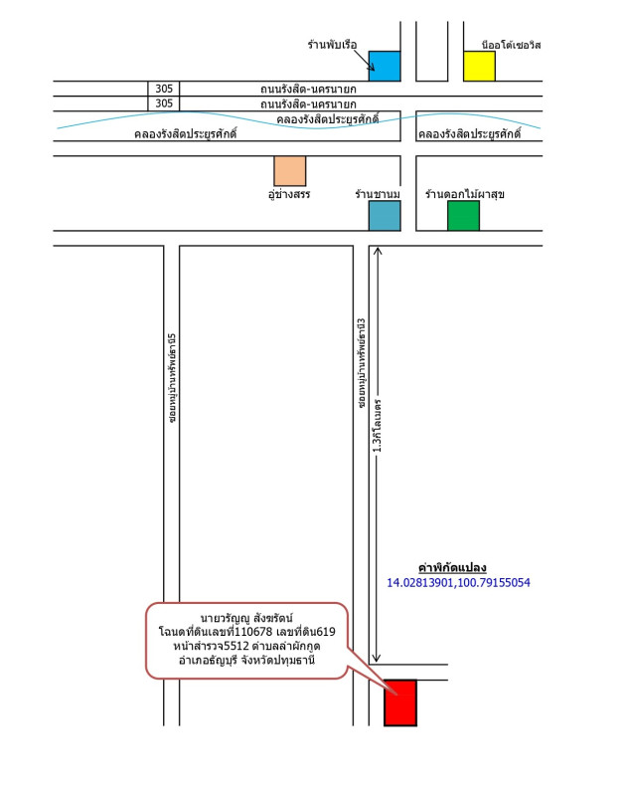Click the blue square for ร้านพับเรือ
click(385, 66)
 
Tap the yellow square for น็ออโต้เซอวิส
click(479, 66)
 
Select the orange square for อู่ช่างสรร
click(290, 171)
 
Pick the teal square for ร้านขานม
click(385, 216)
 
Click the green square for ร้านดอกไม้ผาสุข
click(463, 216)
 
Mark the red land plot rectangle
click(400, 702)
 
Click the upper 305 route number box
click(164, 89)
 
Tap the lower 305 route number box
click(164, 103)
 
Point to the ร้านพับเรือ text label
click(332, 45)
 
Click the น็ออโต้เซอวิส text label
click(510, 45)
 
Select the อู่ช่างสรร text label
click(289, 194)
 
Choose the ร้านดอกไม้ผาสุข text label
click(464, 194)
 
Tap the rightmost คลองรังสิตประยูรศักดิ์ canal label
click(469, 134)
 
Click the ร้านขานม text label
click(378, 194)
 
